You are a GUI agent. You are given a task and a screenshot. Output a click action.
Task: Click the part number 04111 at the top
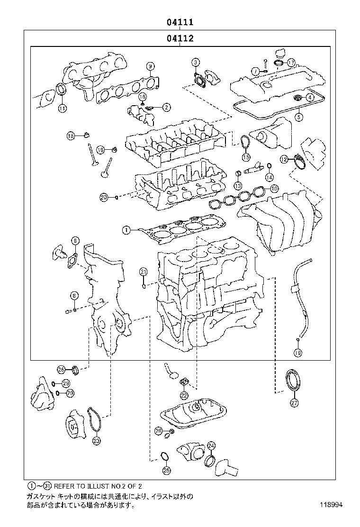coord(180,22)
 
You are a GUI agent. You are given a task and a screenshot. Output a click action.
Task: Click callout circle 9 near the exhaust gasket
coord(150,66)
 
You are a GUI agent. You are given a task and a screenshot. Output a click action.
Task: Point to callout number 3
coord(196,62)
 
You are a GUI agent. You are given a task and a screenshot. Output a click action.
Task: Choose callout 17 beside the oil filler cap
coord(291,62)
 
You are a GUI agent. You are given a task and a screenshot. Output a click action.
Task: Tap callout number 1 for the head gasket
coord(126,230)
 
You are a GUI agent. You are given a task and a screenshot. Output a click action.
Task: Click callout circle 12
coord(283,159)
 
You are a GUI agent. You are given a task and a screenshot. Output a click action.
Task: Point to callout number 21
coord(144,272)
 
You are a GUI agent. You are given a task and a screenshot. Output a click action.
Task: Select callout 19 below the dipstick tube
coord(297,353)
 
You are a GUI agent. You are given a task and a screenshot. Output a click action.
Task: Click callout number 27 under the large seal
coord(294,403)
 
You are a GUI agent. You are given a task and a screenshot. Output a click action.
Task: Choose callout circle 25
coord(166,471)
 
